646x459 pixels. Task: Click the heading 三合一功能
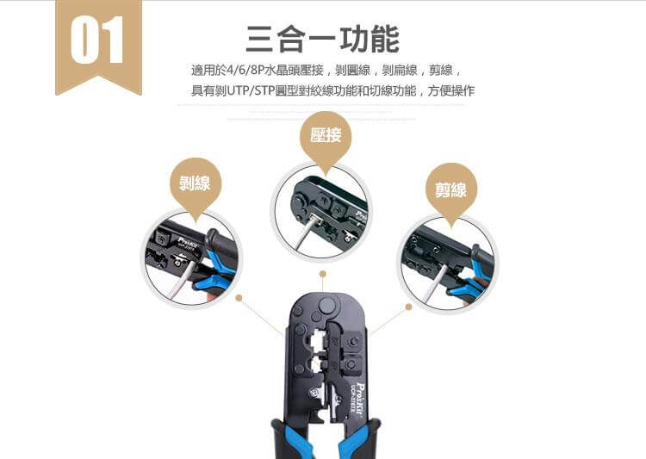(x=323, y=39)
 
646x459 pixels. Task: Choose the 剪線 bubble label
(x=450, y=189)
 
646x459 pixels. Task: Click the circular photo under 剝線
(x=191, y=258)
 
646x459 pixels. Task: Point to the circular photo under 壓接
(x=322, y=211)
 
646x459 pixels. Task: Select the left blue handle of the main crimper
(x=283, y=439)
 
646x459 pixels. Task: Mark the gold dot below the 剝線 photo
(x=239, y=299)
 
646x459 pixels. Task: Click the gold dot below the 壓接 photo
(x=322, y=275)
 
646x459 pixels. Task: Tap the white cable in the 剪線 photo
(x=437, y=285)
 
